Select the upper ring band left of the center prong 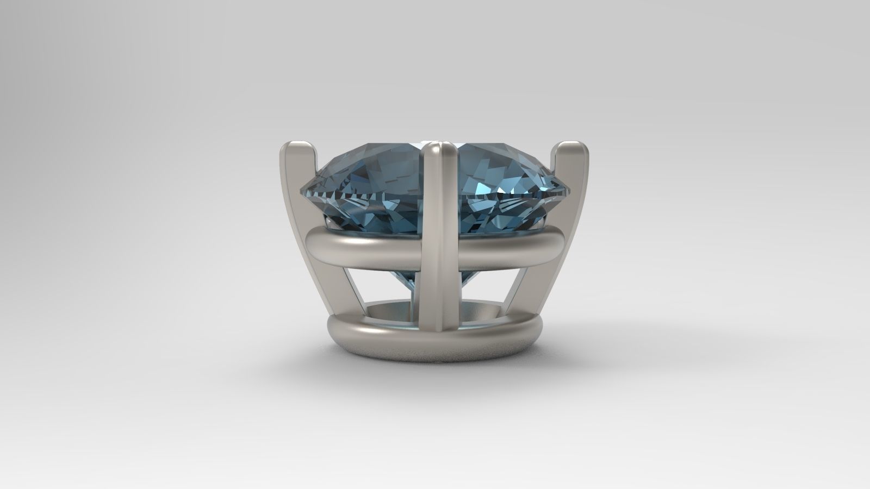pyautogui.click(x=364, y=246)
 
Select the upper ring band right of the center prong pyautogui.click(x=506, y=246)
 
